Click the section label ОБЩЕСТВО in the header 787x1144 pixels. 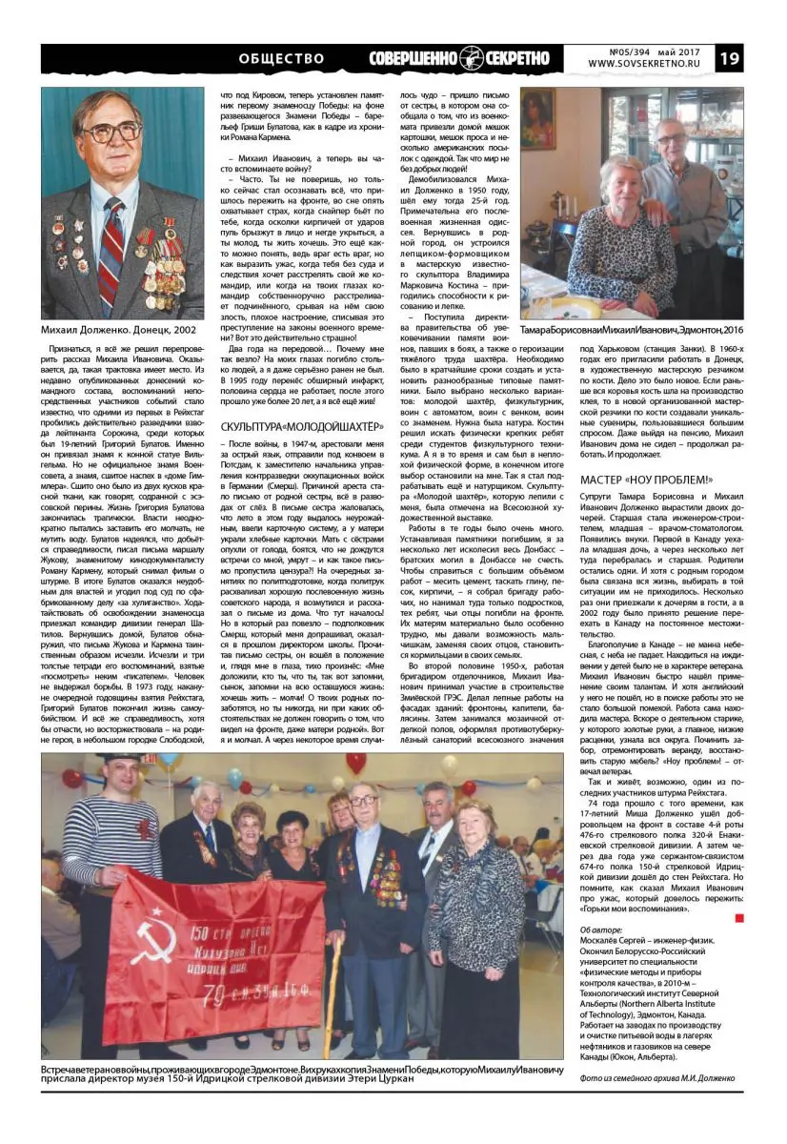point(281,58)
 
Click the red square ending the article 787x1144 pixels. point(738,917)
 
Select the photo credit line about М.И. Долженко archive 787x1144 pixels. point(657,1078)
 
